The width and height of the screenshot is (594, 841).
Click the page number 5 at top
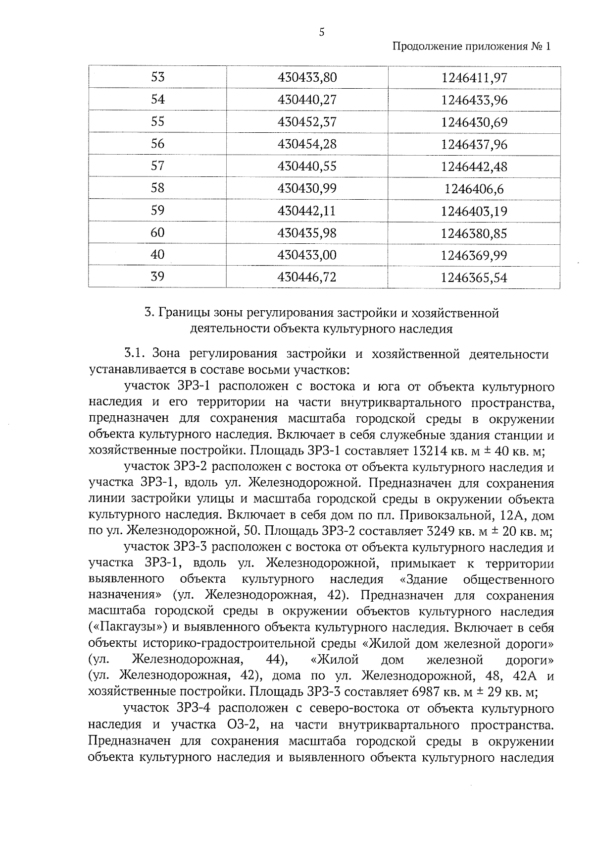322,33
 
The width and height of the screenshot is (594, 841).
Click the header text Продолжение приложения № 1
471,47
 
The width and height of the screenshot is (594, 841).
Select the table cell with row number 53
157,77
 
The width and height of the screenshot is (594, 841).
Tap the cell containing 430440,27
307,100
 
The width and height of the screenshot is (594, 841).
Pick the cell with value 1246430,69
474,122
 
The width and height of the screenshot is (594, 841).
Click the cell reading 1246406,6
474,189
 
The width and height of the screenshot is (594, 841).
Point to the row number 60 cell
157,232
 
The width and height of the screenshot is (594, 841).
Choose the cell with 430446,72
307,277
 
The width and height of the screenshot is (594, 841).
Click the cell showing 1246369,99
474,255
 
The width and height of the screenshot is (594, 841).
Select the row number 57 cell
157,166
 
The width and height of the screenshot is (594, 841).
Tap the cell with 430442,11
307,211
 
